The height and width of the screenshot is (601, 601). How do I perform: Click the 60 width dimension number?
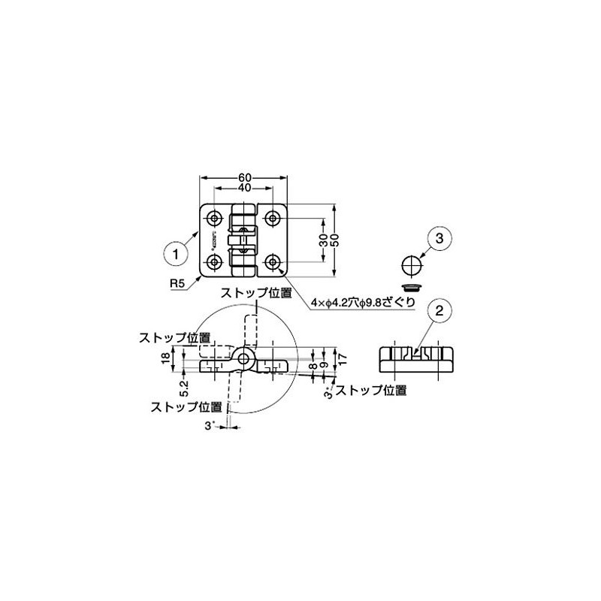tap(244, 177)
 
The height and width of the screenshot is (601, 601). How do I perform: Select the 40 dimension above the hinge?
tap(244, 187)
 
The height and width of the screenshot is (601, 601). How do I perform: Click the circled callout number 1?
tap(175, 252)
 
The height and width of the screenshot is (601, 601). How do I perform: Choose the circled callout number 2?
tap(440, 309)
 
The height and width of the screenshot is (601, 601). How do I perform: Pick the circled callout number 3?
tap(440, 239)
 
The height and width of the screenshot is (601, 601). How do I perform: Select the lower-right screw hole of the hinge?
tap(273, 261)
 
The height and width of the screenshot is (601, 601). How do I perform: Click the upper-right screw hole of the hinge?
tap(273, 218)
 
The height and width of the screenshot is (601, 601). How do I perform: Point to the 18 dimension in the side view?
tap(166, 360)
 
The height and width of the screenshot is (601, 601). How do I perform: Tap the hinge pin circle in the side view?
tap(244, 359)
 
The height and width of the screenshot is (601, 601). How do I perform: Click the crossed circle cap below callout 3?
tap(410, 266)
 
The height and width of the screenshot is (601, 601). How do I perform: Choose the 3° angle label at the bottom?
tap(209, 426)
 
